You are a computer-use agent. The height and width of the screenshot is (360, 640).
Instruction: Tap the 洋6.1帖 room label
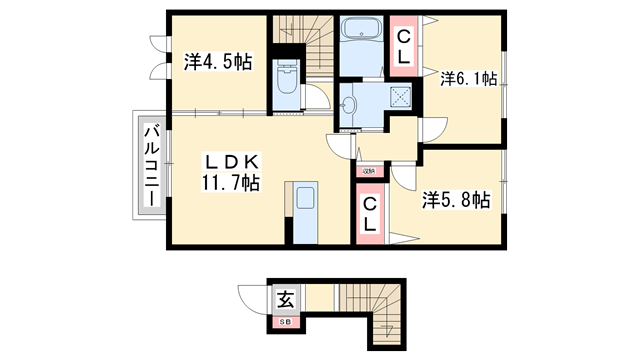[x=468, y=79]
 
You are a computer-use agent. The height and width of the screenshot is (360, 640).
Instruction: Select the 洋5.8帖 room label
[x=455, y=200]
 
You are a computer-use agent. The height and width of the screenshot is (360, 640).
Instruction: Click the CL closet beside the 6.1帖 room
[x=403, y=47]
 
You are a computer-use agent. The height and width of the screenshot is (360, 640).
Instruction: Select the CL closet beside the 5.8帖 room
[x=369, y=214]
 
